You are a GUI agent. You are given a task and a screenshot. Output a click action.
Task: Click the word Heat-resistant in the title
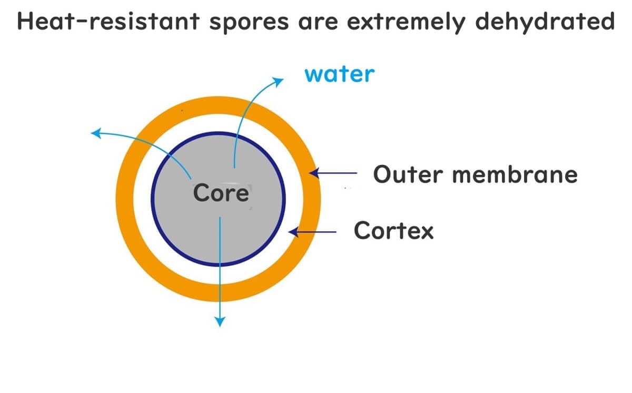pyautogui.click(x=108, y=22)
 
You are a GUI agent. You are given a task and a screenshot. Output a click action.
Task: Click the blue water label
pyautogui.click(x=339, y=74)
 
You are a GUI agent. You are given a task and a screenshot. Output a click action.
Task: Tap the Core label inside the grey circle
pyautogui.click(x=221, y=193)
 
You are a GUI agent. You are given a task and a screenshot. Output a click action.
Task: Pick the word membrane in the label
pyautogui.click(x=515, y=175)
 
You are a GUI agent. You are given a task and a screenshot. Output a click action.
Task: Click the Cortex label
pyautogui.click(x=393, y=230)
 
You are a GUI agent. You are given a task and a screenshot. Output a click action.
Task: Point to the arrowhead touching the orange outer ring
pyautogui.click(x=313, y=172)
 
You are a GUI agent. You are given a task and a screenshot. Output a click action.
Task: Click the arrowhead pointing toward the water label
pyautogui.click(x=278, y=80)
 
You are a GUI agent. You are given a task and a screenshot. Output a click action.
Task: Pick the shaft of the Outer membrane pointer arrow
pyautogui.click(x=340, y=172)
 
